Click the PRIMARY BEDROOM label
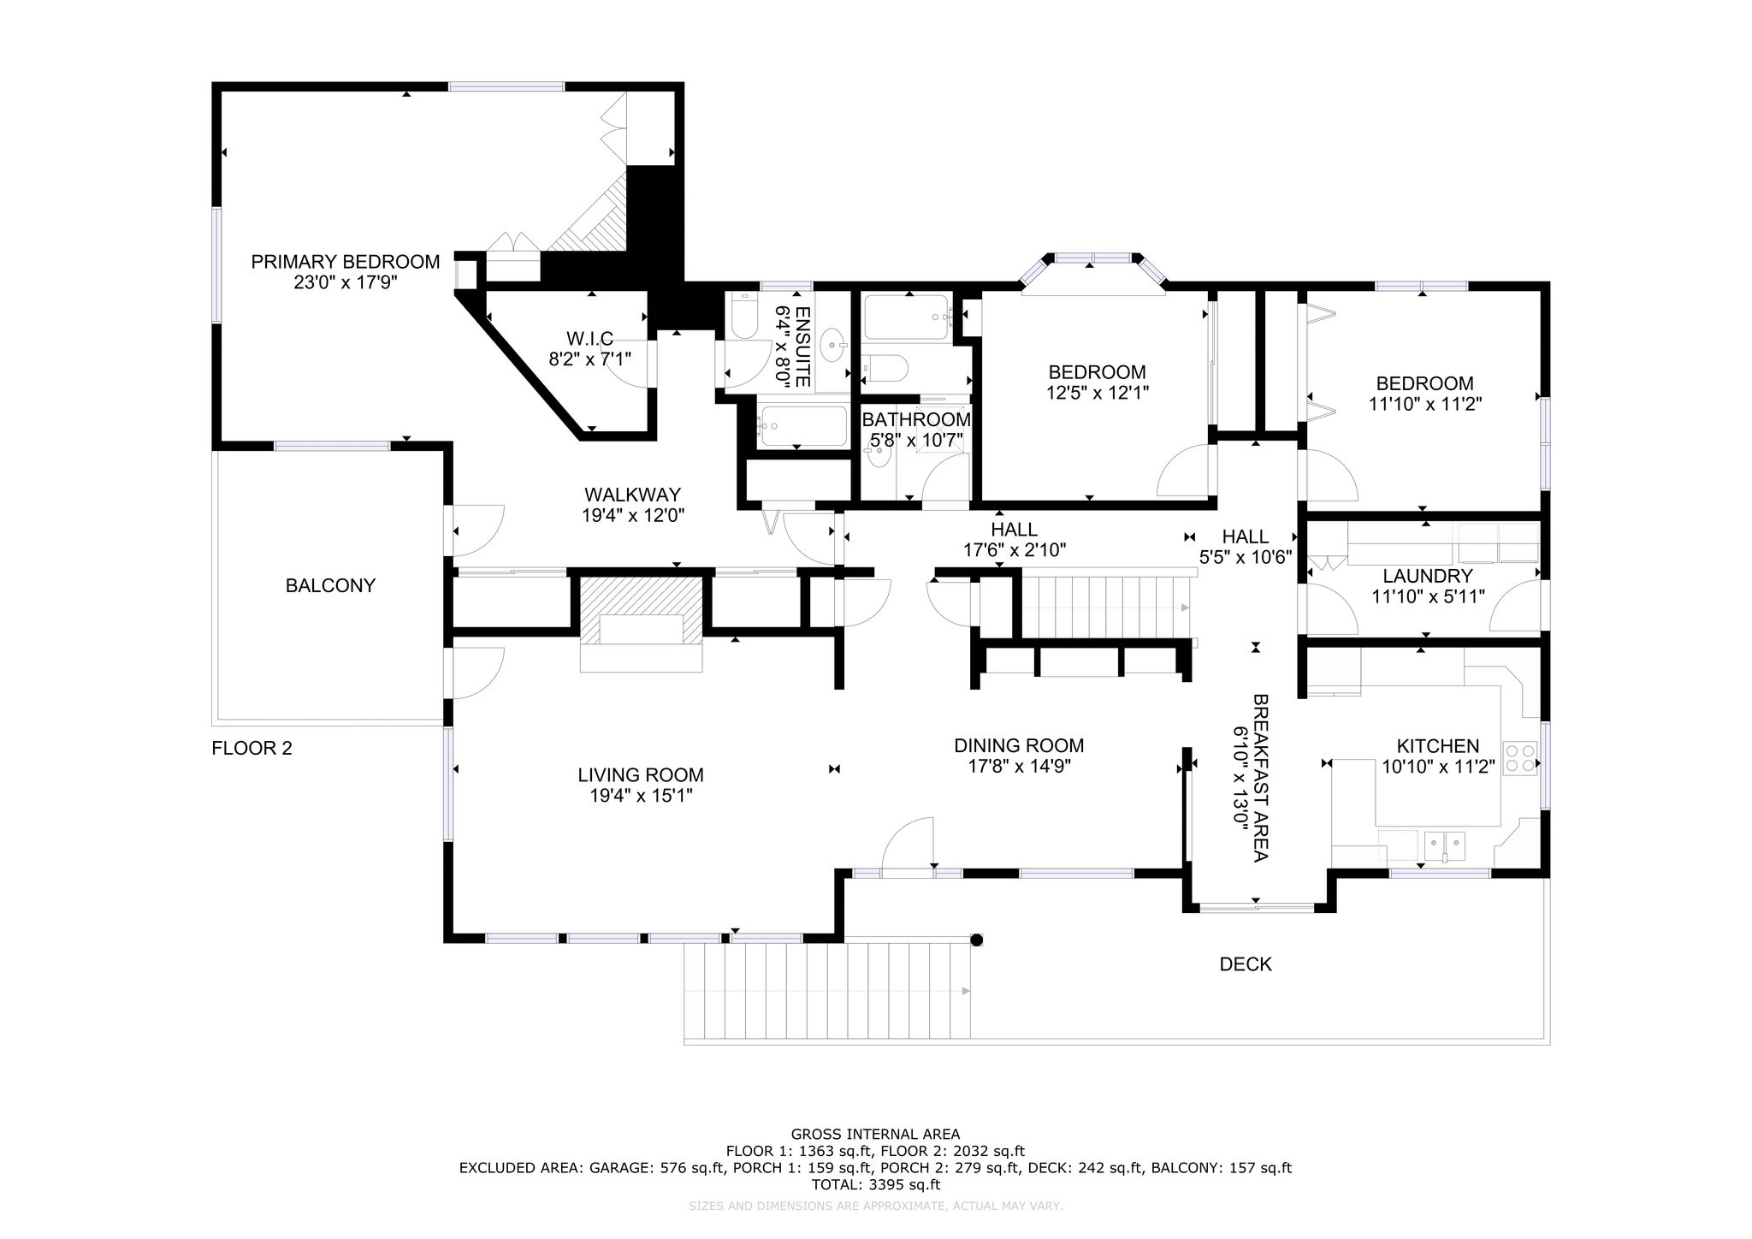coord(346,262)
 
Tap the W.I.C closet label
coord(589,339)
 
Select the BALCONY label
coord(330,586)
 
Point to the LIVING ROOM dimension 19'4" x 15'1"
coord(641,796)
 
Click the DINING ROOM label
coord(1019,746)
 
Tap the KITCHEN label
coord(1438,746)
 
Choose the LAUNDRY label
coord(1428,576)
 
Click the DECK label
coord(1246,964)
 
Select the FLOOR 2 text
coord(252,749)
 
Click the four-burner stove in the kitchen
coord(1519,757)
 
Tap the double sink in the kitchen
coord(1444,845)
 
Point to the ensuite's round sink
coord(833,346)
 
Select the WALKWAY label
coord(632,495)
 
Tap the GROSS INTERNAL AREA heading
coord(875,1135)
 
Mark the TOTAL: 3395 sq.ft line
coord(875,1185)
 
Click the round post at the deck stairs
coord(977,940)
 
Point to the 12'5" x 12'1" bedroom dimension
coord(1098,393)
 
